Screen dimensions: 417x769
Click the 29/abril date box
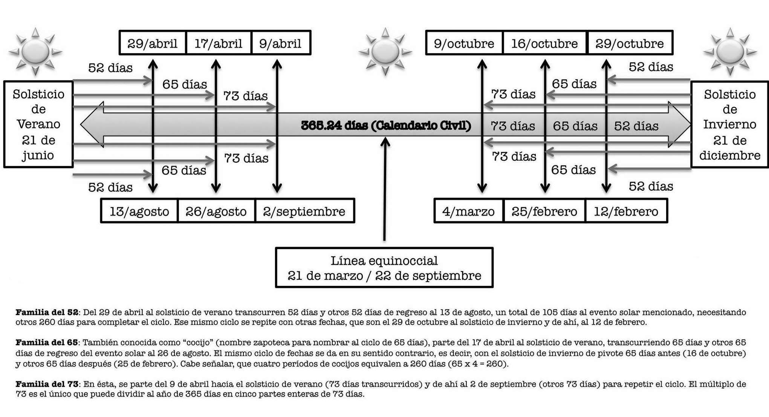click(x=153, y=43)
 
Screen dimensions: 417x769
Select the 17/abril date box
click(x=219, y=43)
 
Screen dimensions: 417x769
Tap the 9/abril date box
click(x=281, y=43)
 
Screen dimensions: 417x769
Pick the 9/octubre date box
click(x=464, y=43)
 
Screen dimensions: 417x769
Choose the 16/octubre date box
click(x=544, y=43)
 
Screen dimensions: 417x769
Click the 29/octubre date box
click(x=630, y=43)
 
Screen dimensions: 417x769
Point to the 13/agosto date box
click(x=139, y=211)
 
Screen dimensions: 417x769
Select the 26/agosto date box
click(x=216, y=211)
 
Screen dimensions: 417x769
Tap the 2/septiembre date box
click(x=304, y=211)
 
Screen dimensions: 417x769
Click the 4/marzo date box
click(x=469, y=211)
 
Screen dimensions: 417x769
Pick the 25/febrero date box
click(x=544, y=211)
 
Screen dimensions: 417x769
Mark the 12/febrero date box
click(x=626, y=211)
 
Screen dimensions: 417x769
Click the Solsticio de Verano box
click(x=38, y=124)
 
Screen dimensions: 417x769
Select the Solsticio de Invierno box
click(x=730, y=124)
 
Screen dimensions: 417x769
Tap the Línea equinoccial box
click(x=384, y=268)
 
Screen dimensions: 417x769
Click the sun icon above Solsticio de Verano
click(x=35, y=51)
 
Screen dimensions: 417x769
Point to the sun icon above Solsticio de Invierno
click(x=730, y=51)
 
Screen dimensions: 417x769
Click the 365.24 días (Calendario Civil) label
click(x=386, y=125)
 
